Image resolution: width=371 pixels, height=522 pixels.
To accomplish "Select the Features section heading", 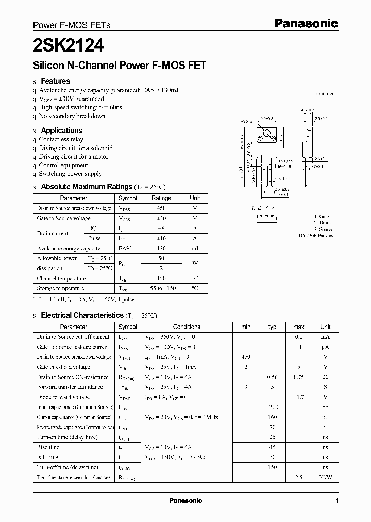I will tap(55, 81).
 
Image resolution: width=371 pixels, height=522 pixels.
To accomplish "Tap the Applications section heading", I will tap(61, 130).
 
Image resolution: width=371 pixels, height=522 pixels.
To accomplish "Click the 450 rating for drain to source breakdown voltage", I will tap(161, 208).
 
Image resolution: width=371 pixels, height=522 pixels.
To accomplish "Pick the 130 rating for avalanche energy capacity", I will tap(161, 248).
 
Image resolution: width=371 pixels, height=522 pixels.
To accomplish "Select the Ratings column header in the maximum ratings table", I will tap(161, 198).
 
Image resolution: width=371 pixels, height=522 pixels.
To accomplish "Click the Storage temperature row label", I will tap(60, 288).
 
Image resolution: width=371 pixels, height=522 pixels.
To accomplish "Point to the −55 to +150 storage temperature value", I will tap(161, 288).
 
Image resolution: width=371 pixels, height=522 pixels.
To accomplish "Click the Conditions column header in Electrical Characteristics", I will tap(187, 327).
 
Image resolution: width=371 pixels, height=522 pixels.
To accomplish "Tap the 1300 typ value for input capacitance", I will tap(273, 407).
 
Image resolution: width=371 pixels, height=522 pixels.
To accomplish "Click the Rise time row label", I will tap(48, 447).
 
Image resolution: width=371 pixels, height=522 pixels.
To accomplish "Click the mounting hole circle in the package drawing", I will tap(267, 137).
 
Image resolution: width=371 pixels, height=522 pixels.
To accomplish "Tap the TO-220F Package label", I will tap(316, 236).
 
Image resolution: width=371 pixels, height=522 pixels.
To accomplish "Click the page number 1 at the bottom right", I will tap(336, 501).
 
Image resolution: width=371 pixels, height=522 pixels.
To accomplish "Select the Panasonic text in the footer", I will tap(185, 501).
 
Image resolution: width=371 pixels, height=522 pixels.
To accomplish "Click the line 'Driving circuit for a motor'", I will tap(74, 156).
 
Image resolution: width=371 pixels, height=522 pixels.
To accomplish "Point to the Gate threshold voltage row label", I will tap(63, 367).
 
